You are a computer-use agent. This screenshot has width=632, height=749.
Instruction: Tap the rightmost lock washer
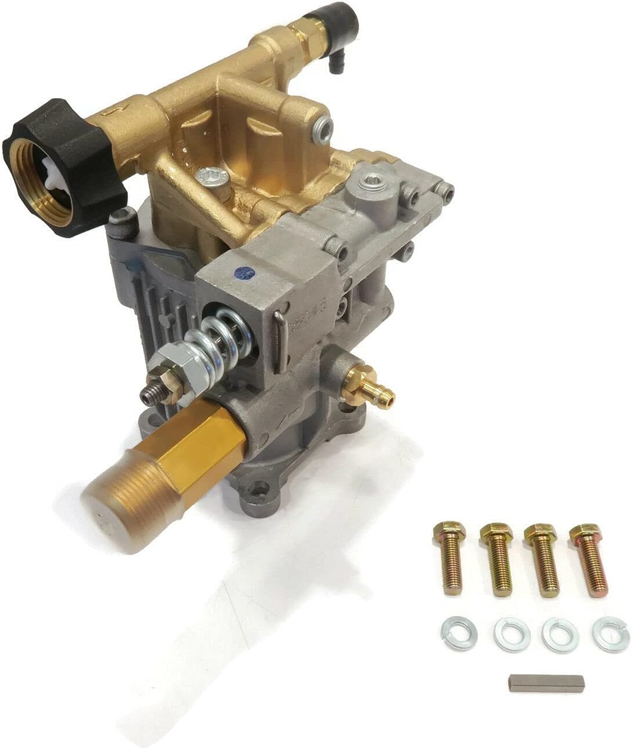(611, 634)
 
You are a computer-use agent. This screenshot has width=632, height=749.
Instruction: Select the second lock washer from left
(512, 634)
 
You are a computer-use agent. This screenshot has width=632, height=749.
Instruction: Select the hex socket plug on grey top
(367, 186)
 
